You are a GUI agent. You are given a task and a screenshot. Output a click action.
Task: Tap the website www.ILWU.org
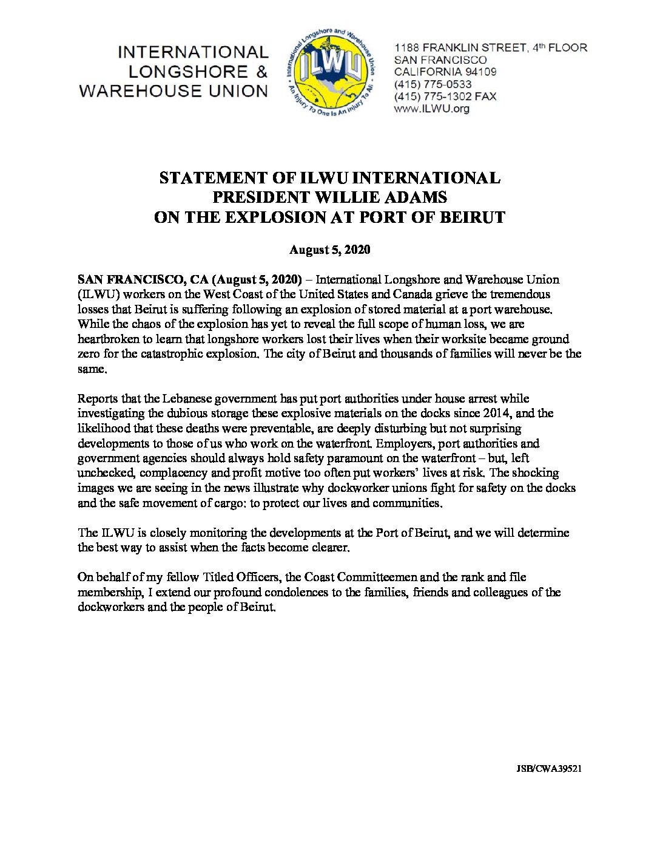click(431, 109)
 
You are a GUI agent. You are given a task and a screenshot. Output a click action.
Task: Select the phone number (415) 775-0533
click(433, 84)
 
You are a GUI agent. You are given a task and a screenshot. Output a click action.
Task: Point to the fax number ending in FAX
click(445, 97)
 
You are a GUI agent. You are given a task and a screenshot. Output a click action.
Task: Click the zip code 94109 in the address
click(481, 72)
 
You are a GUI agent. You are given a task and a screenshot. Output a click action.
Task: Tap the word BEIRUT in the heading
click(474, 217)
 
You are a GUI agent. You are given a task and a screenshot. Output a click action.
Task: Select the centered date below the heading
click(329, 250)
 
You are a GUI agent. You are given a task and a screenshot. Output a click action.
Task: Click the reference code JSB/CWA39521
click(549, 768)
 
